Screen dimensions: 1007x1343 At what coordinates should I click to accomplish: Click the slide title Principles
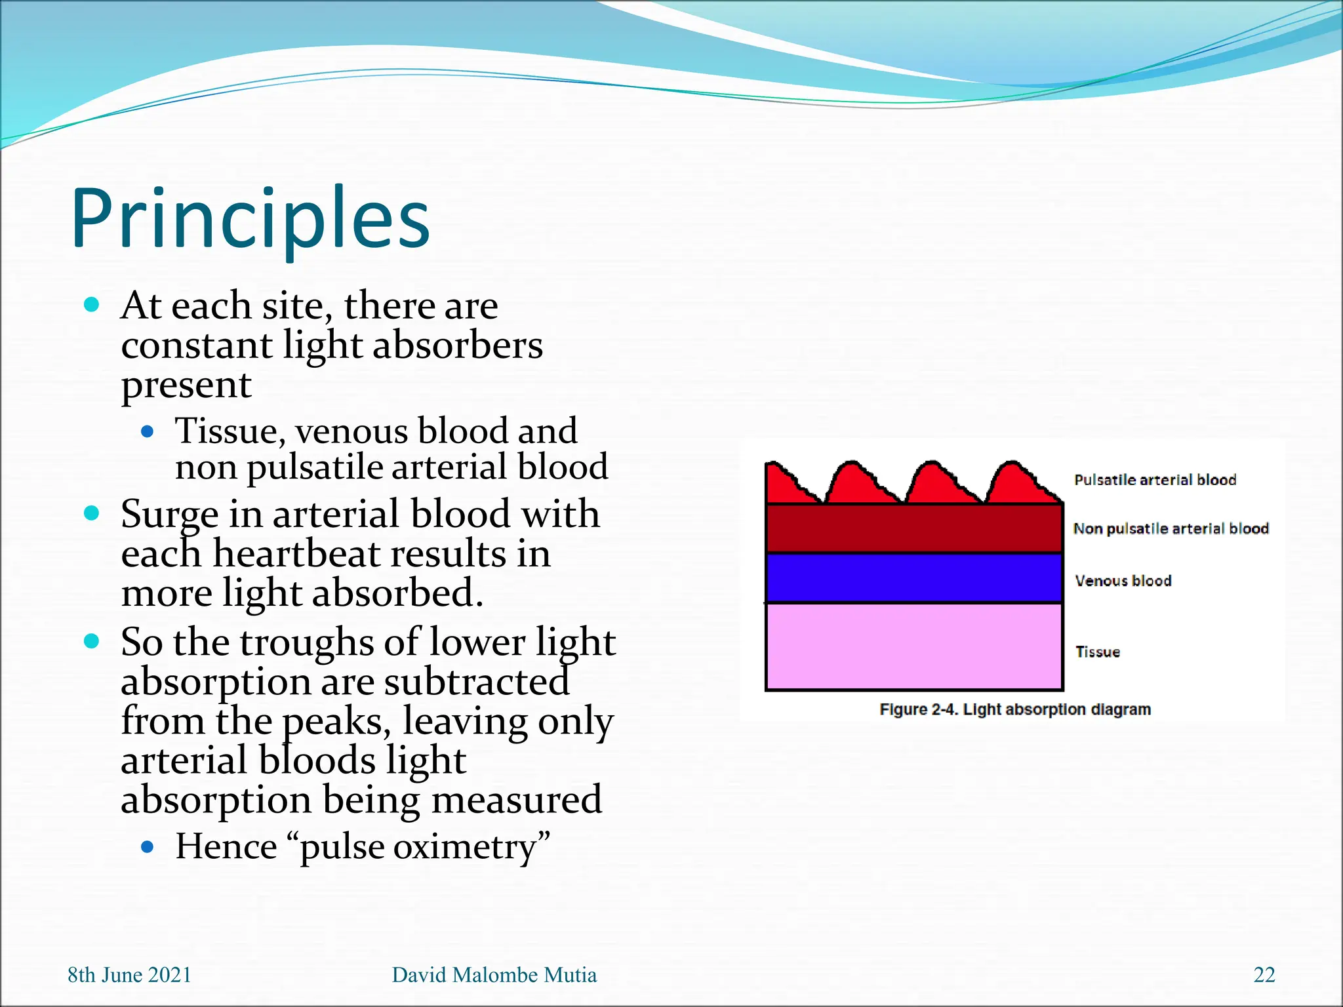point(251,219)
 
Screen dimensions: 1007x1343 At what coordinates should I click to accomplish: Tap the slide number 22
point(1264,975)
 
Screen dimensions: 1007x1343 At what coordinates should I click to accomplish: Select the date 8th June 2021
point(129,975)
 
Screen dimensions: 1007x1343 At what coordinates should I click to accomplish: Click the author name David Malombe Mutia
point(494,975)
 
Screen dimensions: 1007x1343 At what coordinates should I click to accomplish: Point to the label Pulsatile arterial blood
point(1155,480)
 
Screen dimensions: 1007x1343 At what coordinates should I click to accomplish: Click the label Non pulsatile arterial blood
point(1171,528)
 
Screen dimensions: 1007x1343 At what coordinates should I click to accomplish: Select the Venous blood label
point(1123,581)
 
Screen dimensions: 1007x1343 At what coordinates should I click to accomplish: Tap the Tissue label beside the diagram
point(1097,652)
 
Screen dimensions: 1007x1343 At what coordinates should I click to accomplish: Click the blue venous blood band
point(913,578)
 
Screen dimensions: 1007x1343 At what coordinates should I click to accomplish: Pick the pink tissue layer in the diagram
point(913,646)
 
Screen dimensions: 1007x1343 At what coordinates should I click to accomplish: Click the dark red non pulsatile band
point(913,528)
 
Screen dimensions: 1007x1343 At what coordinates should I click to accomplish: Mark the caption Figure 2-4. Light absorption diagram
point(1014,709)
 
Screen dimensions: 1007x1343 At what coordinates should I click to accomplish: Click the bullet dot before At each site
point(92,305)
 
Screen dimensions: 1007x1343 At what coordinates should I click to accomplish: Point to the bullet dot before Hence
point(148,847)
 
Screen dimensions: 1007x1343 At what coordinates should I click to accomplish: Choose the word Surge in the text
point(169,515)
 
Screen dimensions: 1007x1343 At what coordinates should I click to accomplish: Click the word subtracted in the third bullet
point(476,682)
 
